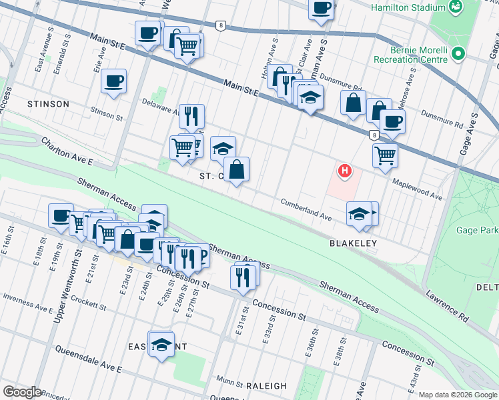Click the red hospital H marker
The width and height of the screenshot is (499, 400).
click(x=344, y=171)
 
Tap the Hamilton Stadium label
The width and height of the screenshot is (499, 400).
click(x=408, y=7)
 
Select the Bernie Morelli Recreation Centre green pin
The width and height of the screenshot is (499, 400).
click(x=458, y=53)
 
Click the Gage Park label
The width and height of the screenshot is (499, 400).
click(x=479, y=231)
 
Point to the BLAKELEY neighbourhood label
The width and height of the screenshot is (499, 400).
click(x=353, y=244)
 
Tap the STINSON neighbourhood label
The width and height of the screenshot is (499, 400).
click(x=48, y=104)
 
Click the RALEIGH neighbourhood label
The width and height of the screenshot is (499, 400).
click(x=266, y=386)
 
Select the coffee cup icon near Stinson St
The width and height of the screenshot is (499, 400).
click(x=113, y=82)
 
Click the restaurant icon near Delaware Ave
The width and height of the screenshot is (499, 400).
click(x=191, y=116)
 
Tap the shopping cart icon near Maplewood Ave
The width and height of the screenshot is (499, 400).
click(x=385, y=155)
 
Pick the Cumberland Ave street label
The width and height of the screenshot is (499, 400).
click(x=306, y=209)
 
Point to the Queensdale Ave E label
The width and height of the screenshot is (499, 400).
click(x=88, y=359)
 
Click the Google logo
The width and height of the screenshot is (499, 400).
click(x=22, y=393)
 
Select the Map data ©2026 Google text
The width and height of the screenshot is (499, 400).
click(x=458, y=395)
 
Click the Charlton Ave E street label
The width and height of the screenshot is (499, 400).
click(x=67, y=153)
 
